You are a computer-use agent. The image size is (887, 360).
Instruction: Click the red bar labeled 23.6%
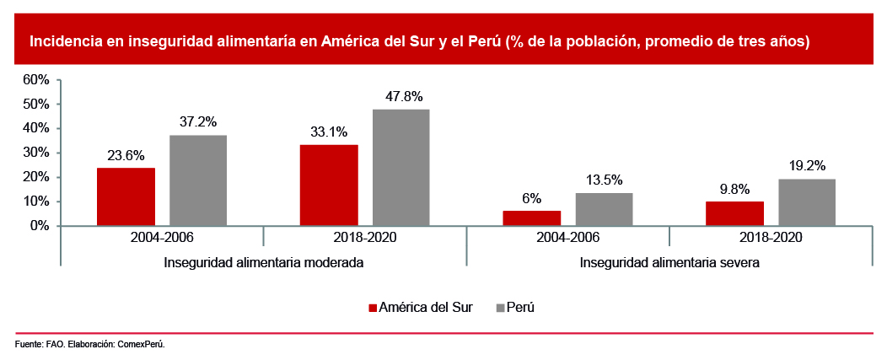[x=126, y=196]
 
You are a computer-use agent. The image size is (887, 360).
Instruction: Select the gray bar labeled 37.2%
[x=198, y=180]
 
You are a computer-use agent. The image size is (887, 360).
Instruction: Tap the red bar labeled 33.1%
[x=329, y=185]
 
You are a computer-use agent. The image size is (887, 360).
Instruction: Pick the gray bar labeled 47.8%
[x=401, y=168]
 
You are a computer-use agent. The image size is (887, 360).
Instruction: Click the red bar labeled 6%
[x=531, y=218]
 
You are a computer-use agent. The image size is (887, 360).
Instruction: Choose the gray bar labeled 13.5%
[x=604, y=209]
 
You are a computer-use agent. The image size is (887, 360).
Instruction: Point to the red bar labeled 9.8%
[x=734, y=213]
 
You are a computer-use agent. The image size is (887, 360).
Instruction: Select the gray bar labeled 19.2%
[x=807, y=202]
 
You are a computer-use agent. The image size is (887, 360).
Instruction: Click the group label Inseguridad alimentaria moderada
[x=264, y=262]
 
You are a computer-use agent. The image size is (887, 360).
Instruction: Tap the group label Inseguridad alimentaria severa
[x=669, y=262]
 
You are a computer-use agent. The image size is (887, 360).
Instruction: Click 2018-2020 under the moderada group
[x=365, y=238]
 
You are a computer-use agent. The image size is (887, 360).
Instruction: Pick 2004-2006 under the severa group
[x=567, y=238]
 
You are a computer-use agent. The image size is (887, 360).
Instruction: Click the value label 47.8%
[x=401, y=96]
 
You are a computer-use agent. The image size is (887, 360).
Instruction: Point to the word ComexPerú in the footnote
[x=140, y=345]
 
